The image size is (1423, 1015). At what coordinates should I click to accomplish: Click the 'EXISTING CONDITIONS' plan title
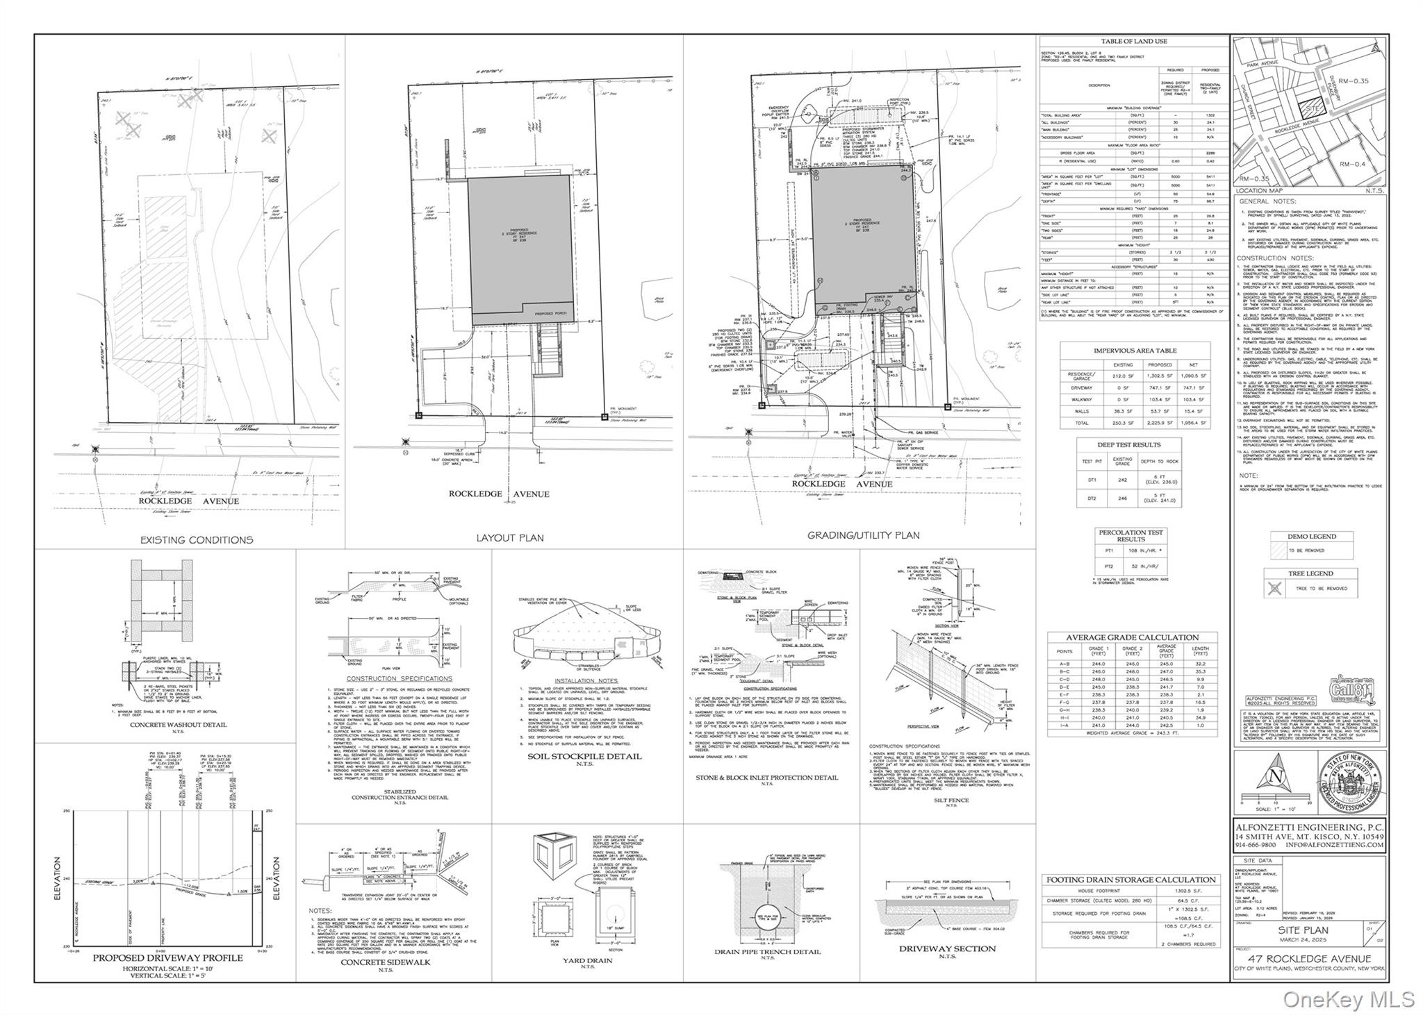tap(197, 539)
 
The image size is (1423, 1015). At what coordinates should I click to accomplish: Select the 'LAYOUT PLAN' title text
tap(509, 537)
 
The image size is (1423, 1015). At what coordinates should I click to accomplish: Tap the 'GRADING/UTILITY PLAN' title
tap(863, 535)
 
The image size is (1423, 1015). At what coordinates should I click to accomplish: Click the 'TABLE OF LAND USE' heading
tap(1133, 42)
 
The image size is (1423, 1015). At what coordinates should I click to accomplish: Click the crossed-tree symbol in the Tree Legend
tap(1274, 588)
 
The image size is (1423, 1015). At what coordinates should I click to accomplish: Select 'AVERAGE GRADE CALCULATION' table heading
tap(1133, 637)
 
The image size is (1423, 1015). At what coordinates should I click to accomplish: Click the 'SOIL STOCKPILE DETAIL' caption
tap(584, 756)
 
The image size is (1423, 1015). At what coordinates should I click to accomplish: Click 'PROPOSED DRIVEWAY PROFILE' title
tap(168, 957)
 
